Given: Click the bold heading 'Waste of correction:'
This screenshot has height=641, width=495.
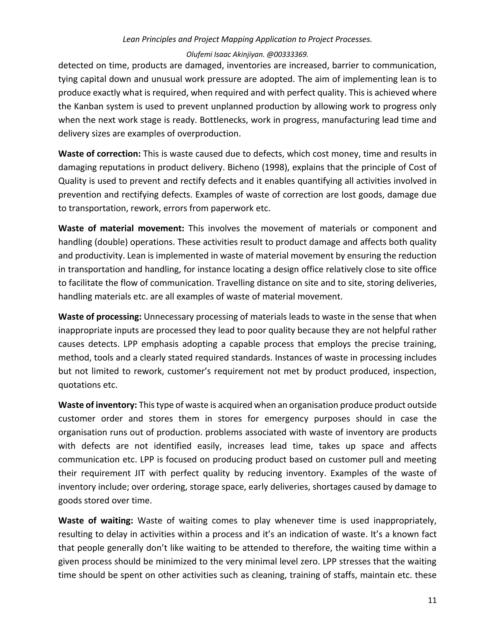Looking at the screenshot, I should pos(99,154).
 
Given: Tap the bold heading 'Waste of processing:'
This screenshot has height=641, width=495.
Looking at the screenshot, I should pos(100,317).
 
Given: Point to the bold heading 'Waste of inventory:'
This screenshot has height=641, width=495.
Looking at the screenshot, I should pos(98,405).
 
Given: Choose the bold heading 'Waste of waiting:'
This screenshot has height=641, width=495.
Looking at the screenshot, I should pos(96,520).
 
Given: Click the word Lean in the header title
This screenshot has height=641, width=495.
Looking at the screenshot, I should pos(131,39).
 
